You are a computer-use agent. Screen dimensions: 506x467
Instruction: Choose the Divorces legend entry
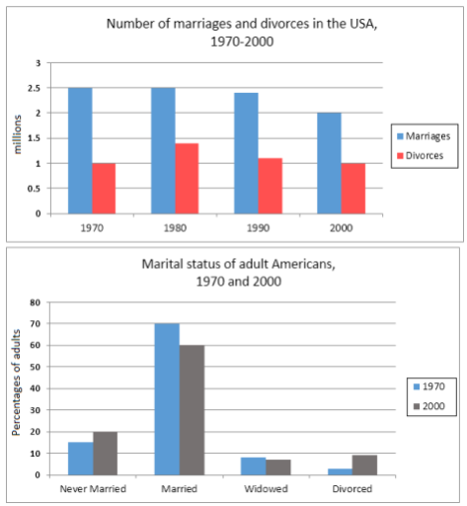[422, 154]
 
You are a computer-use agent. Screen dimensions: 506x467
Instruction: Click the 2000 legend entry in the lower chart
[428, 406]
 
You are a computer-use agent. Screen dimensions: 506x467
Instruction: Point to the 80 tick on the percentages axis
[35, 303]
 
